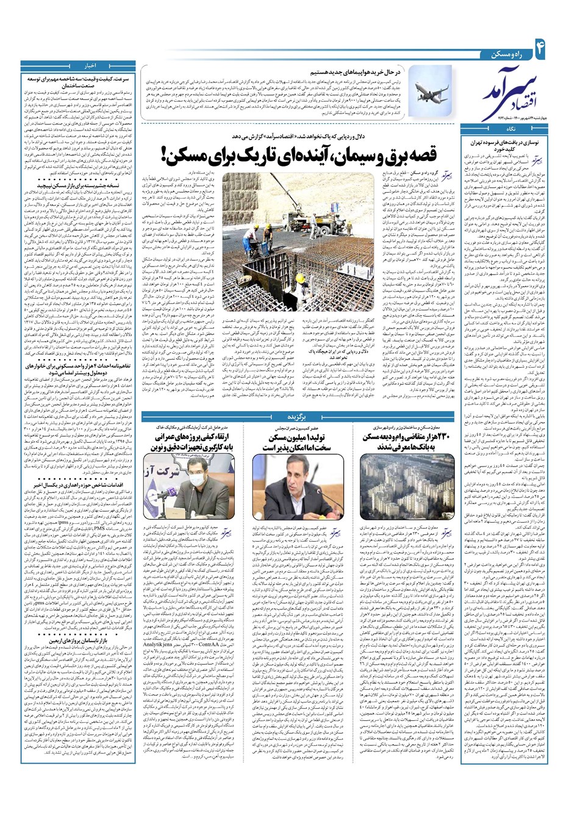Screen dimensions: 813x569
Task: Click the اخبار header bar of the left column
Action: (79, 64)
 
